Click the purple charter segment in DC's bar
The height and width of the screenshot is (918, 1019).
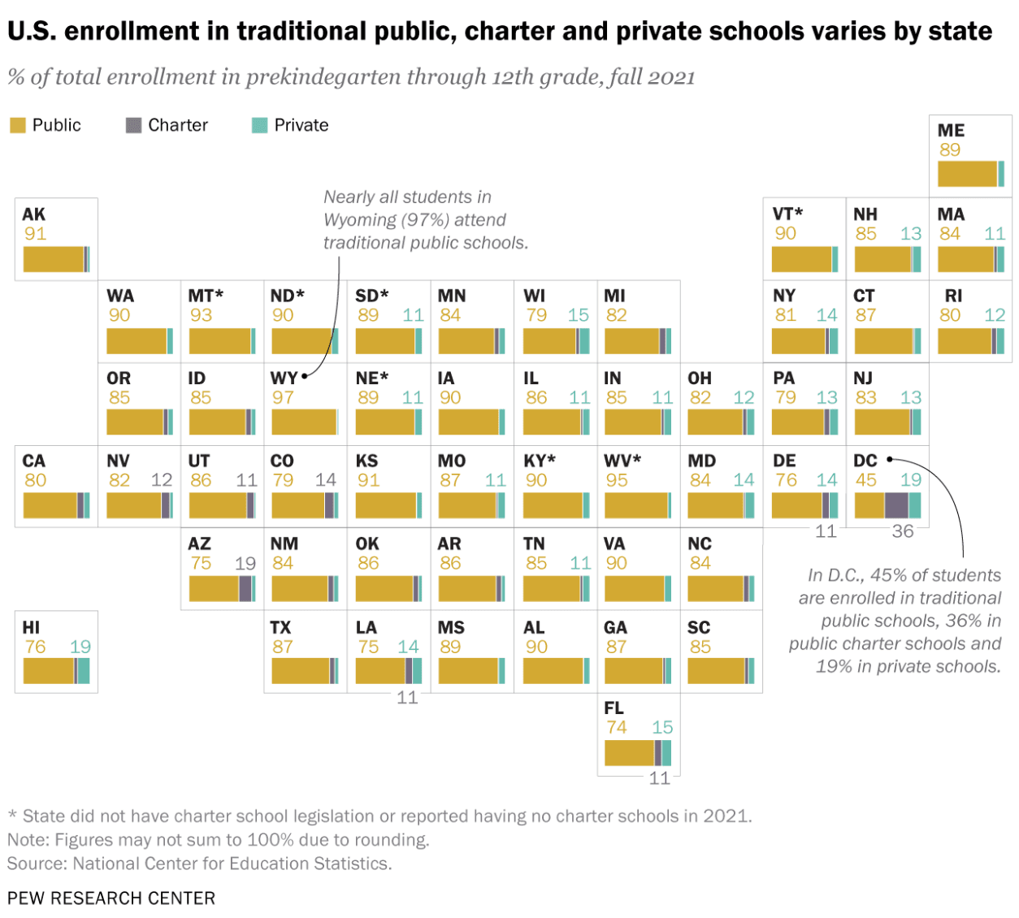click(x=895, y=504)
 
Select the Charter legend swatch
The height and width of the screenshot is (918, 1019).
click(x=133, y=125)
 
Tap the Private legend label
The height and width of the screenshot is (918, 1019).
click(x=301, y=125)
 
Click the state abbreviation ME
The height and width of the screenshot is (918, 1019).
click(x=951, y=130)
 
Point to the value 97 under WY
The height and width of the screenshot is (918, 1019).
click(x=283, y=397)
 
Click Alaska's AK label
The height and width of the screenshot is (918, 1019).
click(x=33, y=214)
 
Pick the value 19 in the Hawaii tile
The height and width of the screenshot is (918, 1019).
click(x=80, y=647)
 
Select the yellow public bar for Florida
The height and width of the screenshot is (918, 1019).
click(x=629, y=752)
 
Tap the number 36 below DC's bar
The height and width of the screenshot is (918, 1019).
click(x=903, y=531)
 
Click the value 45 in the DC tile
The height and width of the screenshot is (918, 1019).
click(x=866, y=480)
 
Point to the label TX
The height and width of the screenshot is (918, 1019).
click(x=280, y=627)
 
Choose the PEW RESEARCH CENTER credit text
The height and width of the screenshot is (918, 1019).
click(x=111, y=898)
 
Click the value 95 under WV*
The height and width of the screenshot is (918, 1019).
click(x=617, y=480)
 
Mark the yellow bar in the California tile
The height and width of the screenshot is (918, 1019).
click(x=50, y=504)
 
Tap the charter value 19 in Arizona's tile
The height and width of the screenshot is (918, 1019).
click(x=245, y=563)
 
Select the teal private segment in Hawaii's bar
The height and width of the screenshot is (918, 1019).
click(x=84, y=671)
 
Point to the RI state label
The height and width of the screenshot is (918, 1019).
click(x=953, y=296)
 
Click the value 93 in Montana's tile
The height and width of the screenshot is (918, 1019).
click(x=201, y=315)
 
